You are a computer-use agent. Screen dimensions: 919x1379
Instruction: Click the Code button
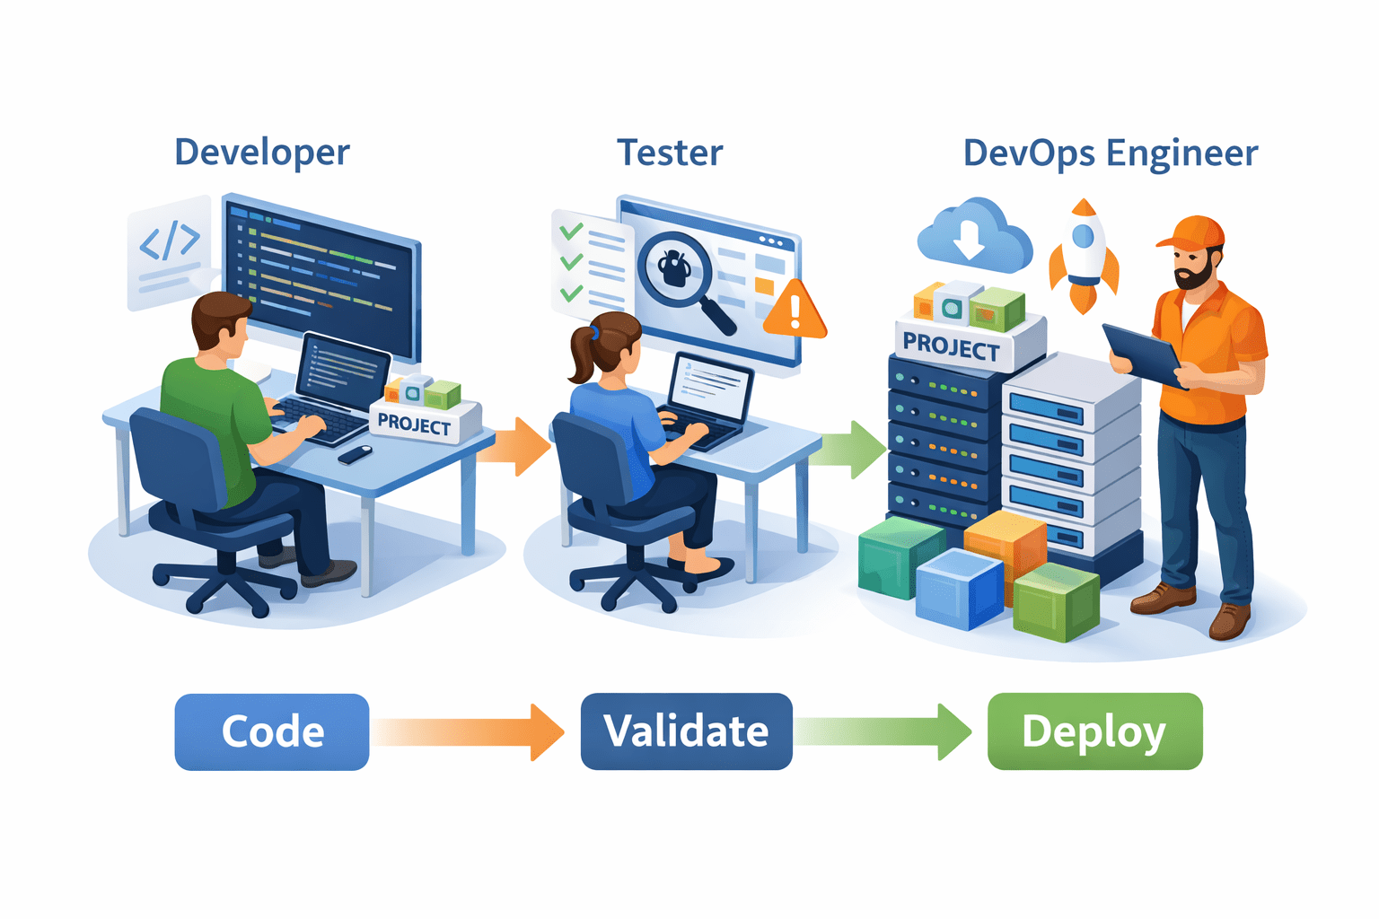click(x=272, y=731)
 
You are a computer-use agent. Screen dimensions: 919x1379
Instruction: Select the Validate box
click(x=686, y=731)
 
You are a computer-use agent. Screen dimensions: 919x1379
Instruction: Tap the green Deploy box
click(x=1094, y=731)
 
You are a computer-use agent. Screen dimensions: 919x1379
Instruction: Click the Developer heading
click(x=262, y=153)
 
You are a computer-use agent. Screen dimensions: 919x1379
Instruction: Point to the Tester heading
click(x=670, y=153)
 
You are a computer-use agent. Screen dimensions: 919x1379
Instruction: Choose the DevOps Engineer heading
click(x=1111, y=153)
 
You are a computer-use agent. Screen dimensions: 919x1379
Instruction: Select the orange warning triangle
click(x=794, y=311)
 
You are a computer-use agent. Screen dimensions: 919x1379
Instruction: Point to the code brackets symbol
click(x=169, y=241)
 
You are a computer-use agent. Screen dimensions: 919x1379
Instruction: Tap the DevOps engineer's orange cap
click(x=1193, y=232)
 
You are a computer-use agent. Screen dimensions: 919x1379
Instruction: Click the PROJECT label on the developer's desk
click(x=415, y=424)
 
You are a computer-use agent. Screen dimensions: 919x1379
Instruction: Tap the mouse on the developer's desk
click(x=356, y=454)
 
